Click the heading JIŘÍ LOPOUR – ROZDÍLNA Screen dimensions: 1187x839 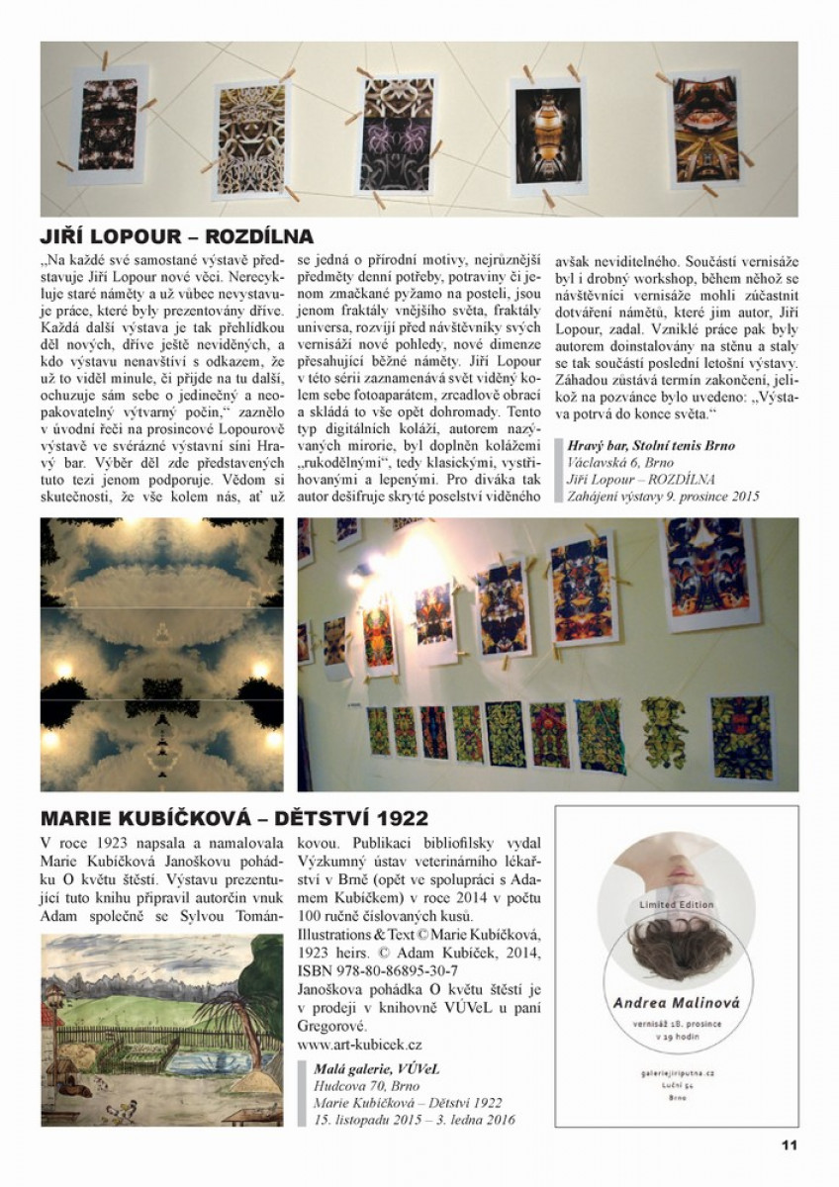click(x=177, y=236)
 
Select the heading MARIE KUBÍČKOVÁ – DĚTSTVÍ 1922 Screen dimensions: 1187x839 click(x=234, y=818)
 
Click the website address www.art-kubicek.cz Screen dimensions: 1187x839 click(x=360, y=1044)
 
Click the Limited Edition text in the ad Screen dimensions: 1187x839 click(x=676, y=904)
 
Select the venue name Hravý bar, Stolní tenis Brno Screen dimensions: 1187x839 click(x=651, y=445)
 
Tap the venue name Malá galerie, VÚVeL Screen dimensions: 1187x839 click(x=376, y=1068)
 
